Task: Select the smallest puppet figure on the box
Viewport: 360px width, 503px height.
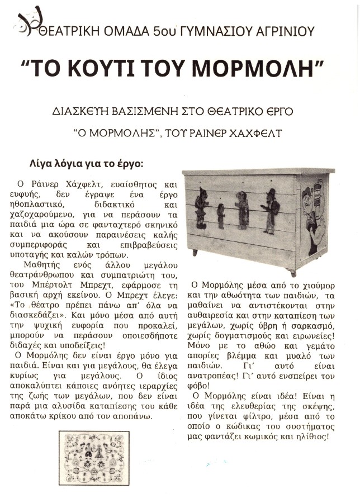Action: pyautogui.click(x=221, y=215)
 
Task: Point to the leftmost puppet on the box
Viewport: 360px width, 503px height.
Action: pyautogui.click(x=201, y=207)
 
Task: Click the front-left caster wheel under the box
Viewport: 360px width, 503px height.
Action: pyautogui.click(x=195, y=253)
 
